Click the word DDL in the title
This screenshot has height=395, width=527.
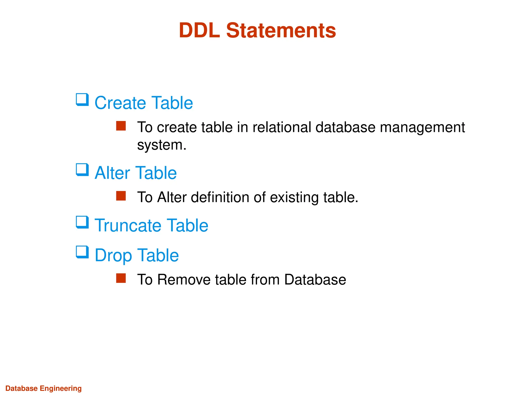199,30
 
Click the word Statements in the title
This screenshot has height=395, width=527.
281,30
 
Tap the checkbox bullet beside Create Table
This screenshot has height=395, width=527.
82,100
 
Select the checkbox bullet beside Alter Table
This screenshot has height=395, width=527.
82,170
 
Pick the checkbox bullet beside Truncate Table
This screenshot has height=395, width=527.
82,222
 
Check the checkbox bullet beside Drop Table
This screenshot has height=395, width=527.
82,252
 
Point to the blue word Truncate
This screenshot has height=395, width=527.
128,225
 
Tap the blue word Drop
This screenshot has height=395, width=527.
113,256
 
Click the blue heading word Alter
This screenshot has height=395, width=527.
112,173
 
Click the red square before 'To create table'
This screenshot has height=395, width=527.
121,126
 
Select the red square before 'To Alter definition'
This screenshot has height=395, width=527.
121,196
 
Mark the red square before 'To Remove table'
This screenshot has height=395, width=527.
121,278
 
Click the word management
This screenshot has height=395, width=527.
422,128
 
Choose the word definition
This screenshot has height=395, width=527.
220,197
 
